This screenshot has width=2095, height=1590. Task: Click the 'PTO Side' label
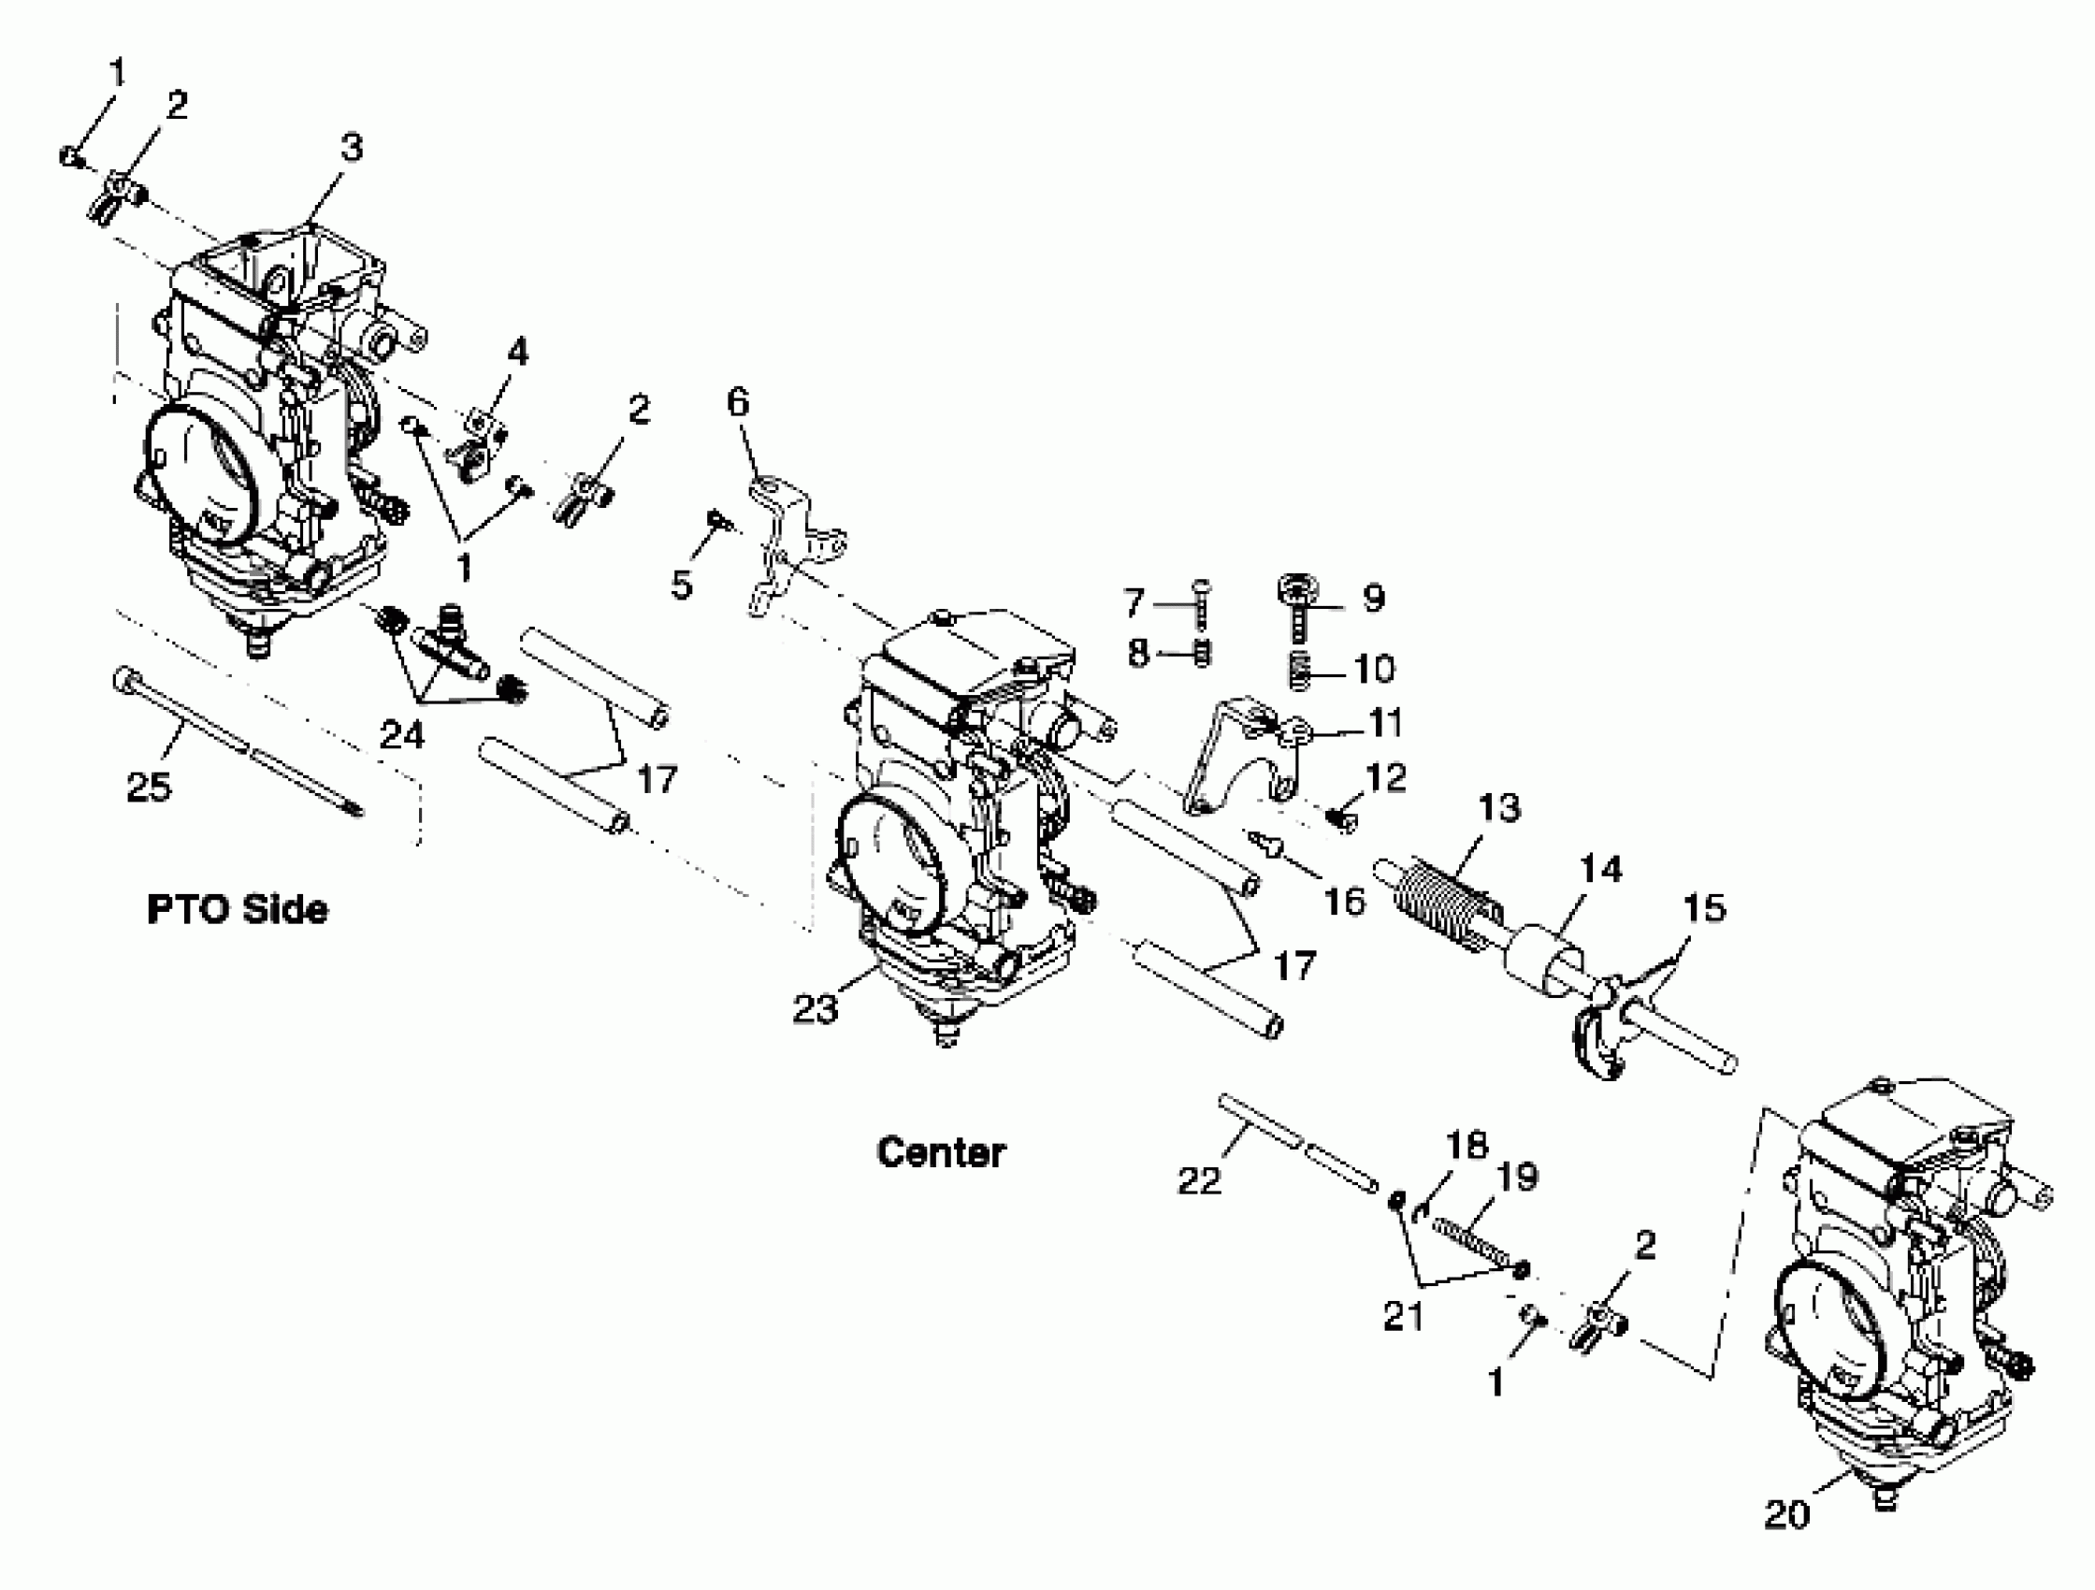click(x=237, y=909)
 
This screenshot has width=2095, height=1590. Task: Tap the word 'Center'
click(x=941, y=1152)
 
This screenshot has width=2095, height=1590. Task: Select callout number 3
click(x=352, y=148)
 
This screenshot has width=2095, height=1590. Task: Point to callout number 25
click(x=149, y=786)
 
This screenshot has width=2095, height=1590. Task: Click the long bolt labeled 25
click(x=237, y=743)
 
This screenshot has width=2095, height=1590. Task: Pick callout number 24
click(x=401, y=734)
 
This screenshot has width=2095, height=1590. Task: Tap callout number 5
click(x=681, y=585)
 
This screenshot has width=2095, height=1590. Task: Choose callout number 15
click(x=1704, y=907)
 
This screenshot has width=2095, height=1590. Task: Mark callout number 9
click(x=1373, y=597)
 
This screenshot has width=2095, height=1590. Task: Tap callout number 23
click(x=815, y=1009)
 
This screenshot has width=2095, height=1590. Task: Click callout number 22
click(x=1199, y=1180)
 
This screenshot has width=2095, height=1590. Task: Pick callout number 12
click(x=1386, y=777)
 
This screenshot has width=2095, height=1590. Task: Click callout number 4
click(x=517, y=353)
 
